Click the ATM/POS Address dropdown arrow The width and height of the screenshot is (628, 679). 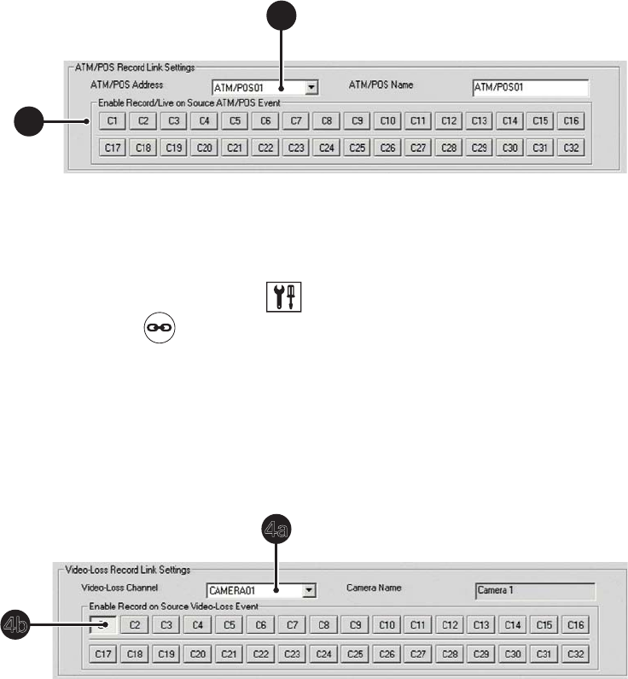311,87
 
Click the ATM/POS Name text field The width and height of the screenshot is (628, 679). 530,87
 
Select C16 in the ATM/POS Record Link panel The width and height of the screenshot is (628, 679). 572,121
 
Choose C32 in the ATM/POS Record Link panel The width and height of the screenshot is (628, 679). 572,148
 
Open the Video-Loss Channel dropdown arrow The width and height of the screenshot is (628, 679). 309,588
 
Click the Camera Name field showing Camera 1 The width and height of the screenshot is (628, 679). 534,589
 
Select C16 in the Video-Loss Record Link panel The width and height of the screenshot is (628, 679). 574,625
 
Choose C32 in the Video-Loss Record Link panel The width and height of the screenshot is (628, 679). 574,655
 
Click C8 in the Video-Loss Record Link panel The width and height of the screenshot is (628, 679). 325,625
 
